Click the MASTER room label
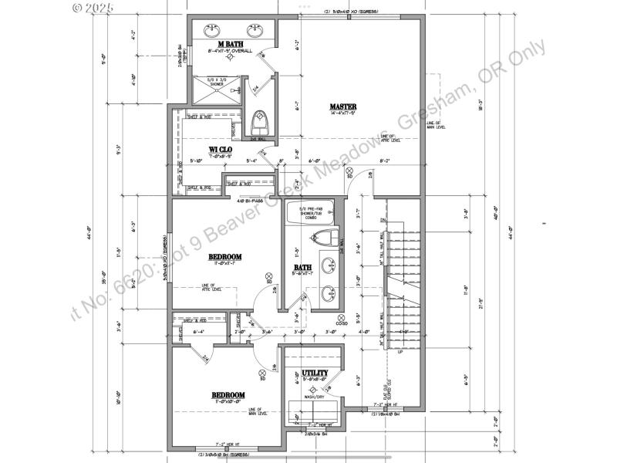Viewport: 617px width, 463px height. [x=342, y=106]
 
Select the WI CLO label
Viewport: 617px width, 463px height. [x=221, y=149]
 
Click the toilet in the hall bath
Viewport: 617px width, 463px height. [x=327, y=237]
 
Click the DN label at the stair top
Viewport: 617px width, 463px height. [x=383, y=221]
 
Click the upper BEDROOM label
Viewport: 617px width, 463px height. [x=226, y=257]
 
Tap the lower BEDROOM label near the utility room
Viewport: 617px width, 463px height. [x=228, y=396]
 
